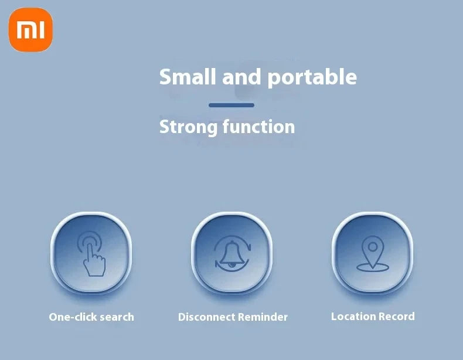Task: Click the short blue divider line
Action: (x=231, y=105)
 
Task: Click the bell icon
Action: (x=232, y=254)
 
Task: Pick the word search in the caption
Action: (x=115, y=317)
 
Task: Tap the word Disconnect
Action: (x=205, y=317)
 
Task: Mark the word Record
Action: (x=396, y=317)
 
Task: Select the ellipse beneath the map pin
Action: (x=373, y=266)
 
